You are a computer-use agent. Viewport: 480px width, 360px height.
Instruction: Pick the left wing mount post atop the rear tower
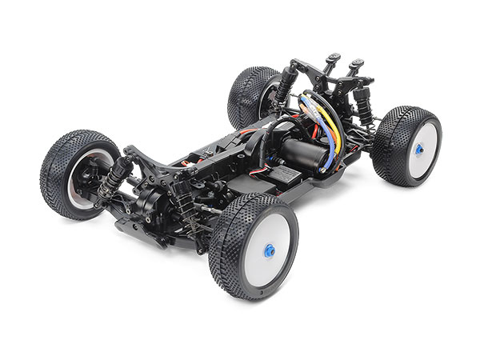click(x=330, y=62)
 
